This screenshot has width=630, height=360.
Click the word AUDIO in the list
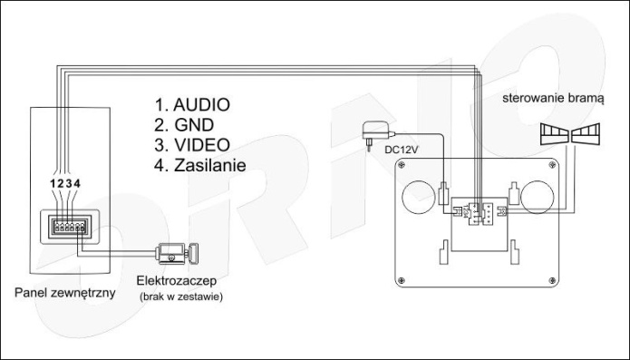[x=202, y=105]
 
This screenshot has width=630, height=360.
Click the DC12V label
[x=402, y=151]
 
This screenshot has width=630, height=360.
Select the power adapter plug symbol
[x=376, y=134]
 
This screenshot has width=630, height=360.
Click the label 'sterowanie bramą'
[x=553, y=98]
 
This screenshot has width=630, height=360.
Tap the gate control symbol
[x=570, y=134]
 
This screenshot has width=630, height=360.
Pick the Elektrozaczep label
[x=177, y=280]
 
